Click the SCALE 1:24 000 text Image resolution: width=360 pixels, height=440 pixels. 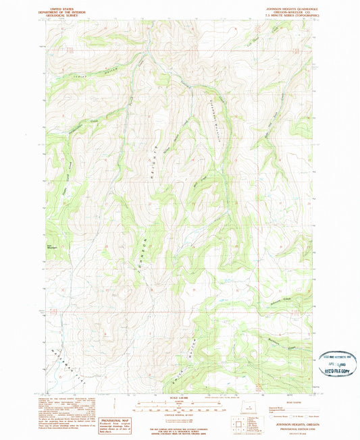180,397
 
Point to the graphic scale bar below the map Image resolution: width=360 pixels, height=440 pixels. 180,407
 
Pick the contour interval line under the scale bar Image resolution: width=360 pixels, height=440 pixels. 180,414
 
